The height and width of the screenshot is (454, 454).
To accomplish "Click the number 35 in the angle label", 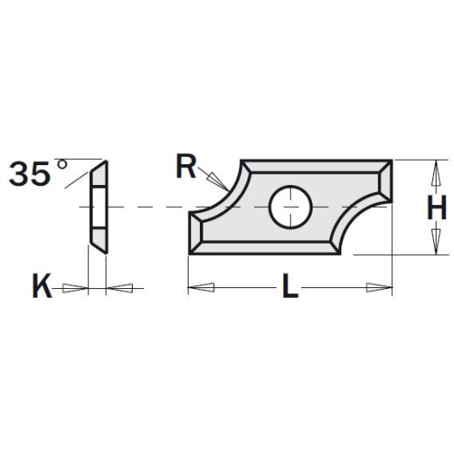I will point(31,175).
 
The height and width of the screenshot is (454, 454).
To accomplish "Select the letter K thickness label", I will point(40,286).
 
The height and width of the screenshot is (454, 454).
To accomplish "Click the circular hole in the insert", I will point(291,206).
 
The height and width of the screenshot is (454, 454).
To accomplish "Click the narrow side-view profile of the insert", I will point(98,206).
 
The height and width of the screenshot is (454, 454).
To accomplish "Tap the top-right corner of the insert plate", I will point(390,161).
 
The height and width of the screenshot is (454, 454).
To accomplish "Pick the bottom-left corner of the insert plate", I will point(189,253).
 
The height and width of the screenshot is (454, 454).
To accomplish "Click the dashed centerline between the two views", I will point(148,207).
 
